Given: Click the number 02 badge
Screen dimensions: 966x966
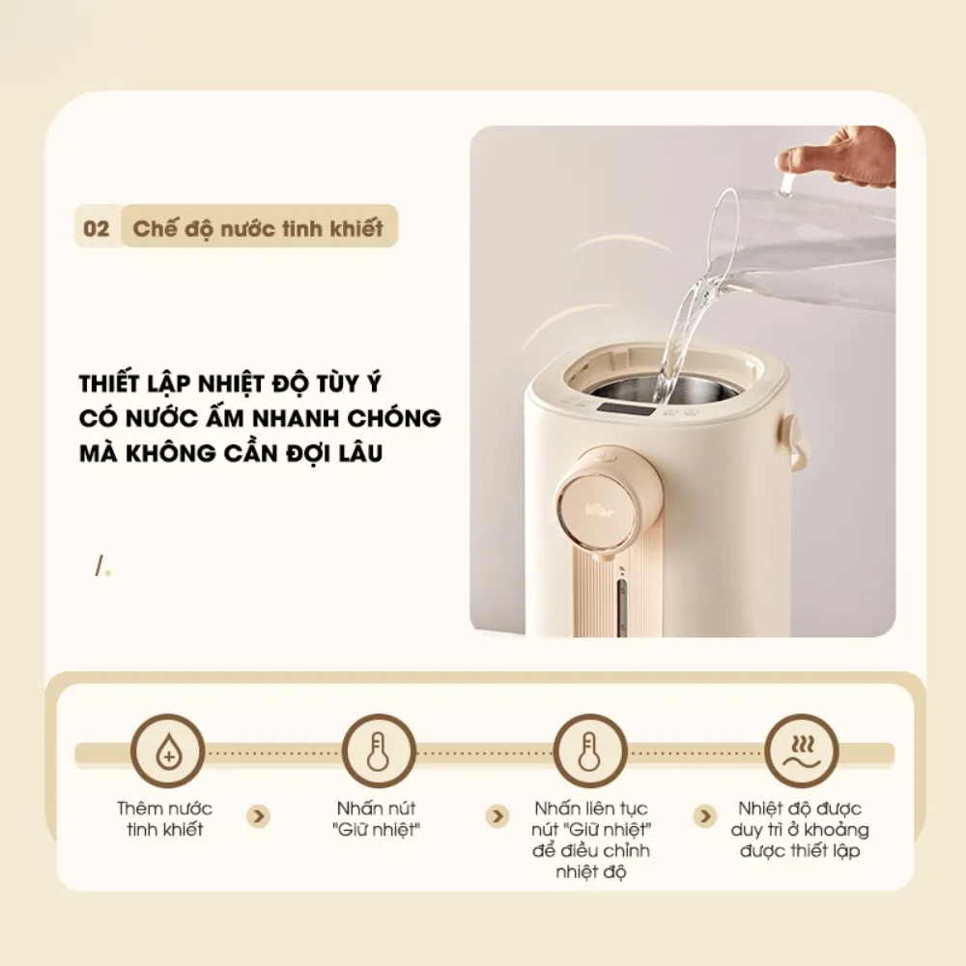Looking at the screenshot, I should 97,229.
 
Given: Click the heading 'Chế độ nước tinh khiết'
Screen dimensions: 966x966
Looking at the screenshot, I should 258,229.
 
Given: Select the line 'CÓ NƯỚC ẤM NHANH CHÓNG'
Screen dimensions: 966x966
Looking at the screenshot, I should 260,417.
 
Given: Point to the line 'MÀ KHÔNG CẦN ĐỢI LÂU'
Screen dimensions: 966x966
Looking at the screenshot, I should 231,452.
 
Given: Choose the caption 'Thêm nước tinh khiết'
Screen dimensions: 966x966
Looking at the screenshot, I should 165,819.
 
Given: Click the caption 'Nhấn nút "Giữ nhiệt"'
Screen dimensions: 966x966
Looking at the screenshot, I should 377,819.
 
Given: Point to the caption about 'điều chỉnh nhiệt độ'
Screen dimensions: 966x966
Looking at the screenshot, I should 590,839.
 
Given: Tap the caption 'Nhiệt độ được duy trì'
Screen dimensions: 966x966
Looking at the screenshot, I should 803,829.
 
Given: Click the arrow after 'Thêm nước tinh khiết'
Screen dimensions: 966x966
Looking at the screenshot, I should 258,816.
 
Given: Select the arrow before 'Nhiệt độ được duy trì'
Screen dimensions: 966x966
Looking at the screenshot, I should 705,816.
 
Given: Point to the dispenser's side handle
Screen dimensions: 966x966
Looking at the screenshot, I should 798,441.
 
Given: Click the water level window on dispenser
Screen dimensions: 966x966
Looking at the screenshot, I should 622,607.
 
